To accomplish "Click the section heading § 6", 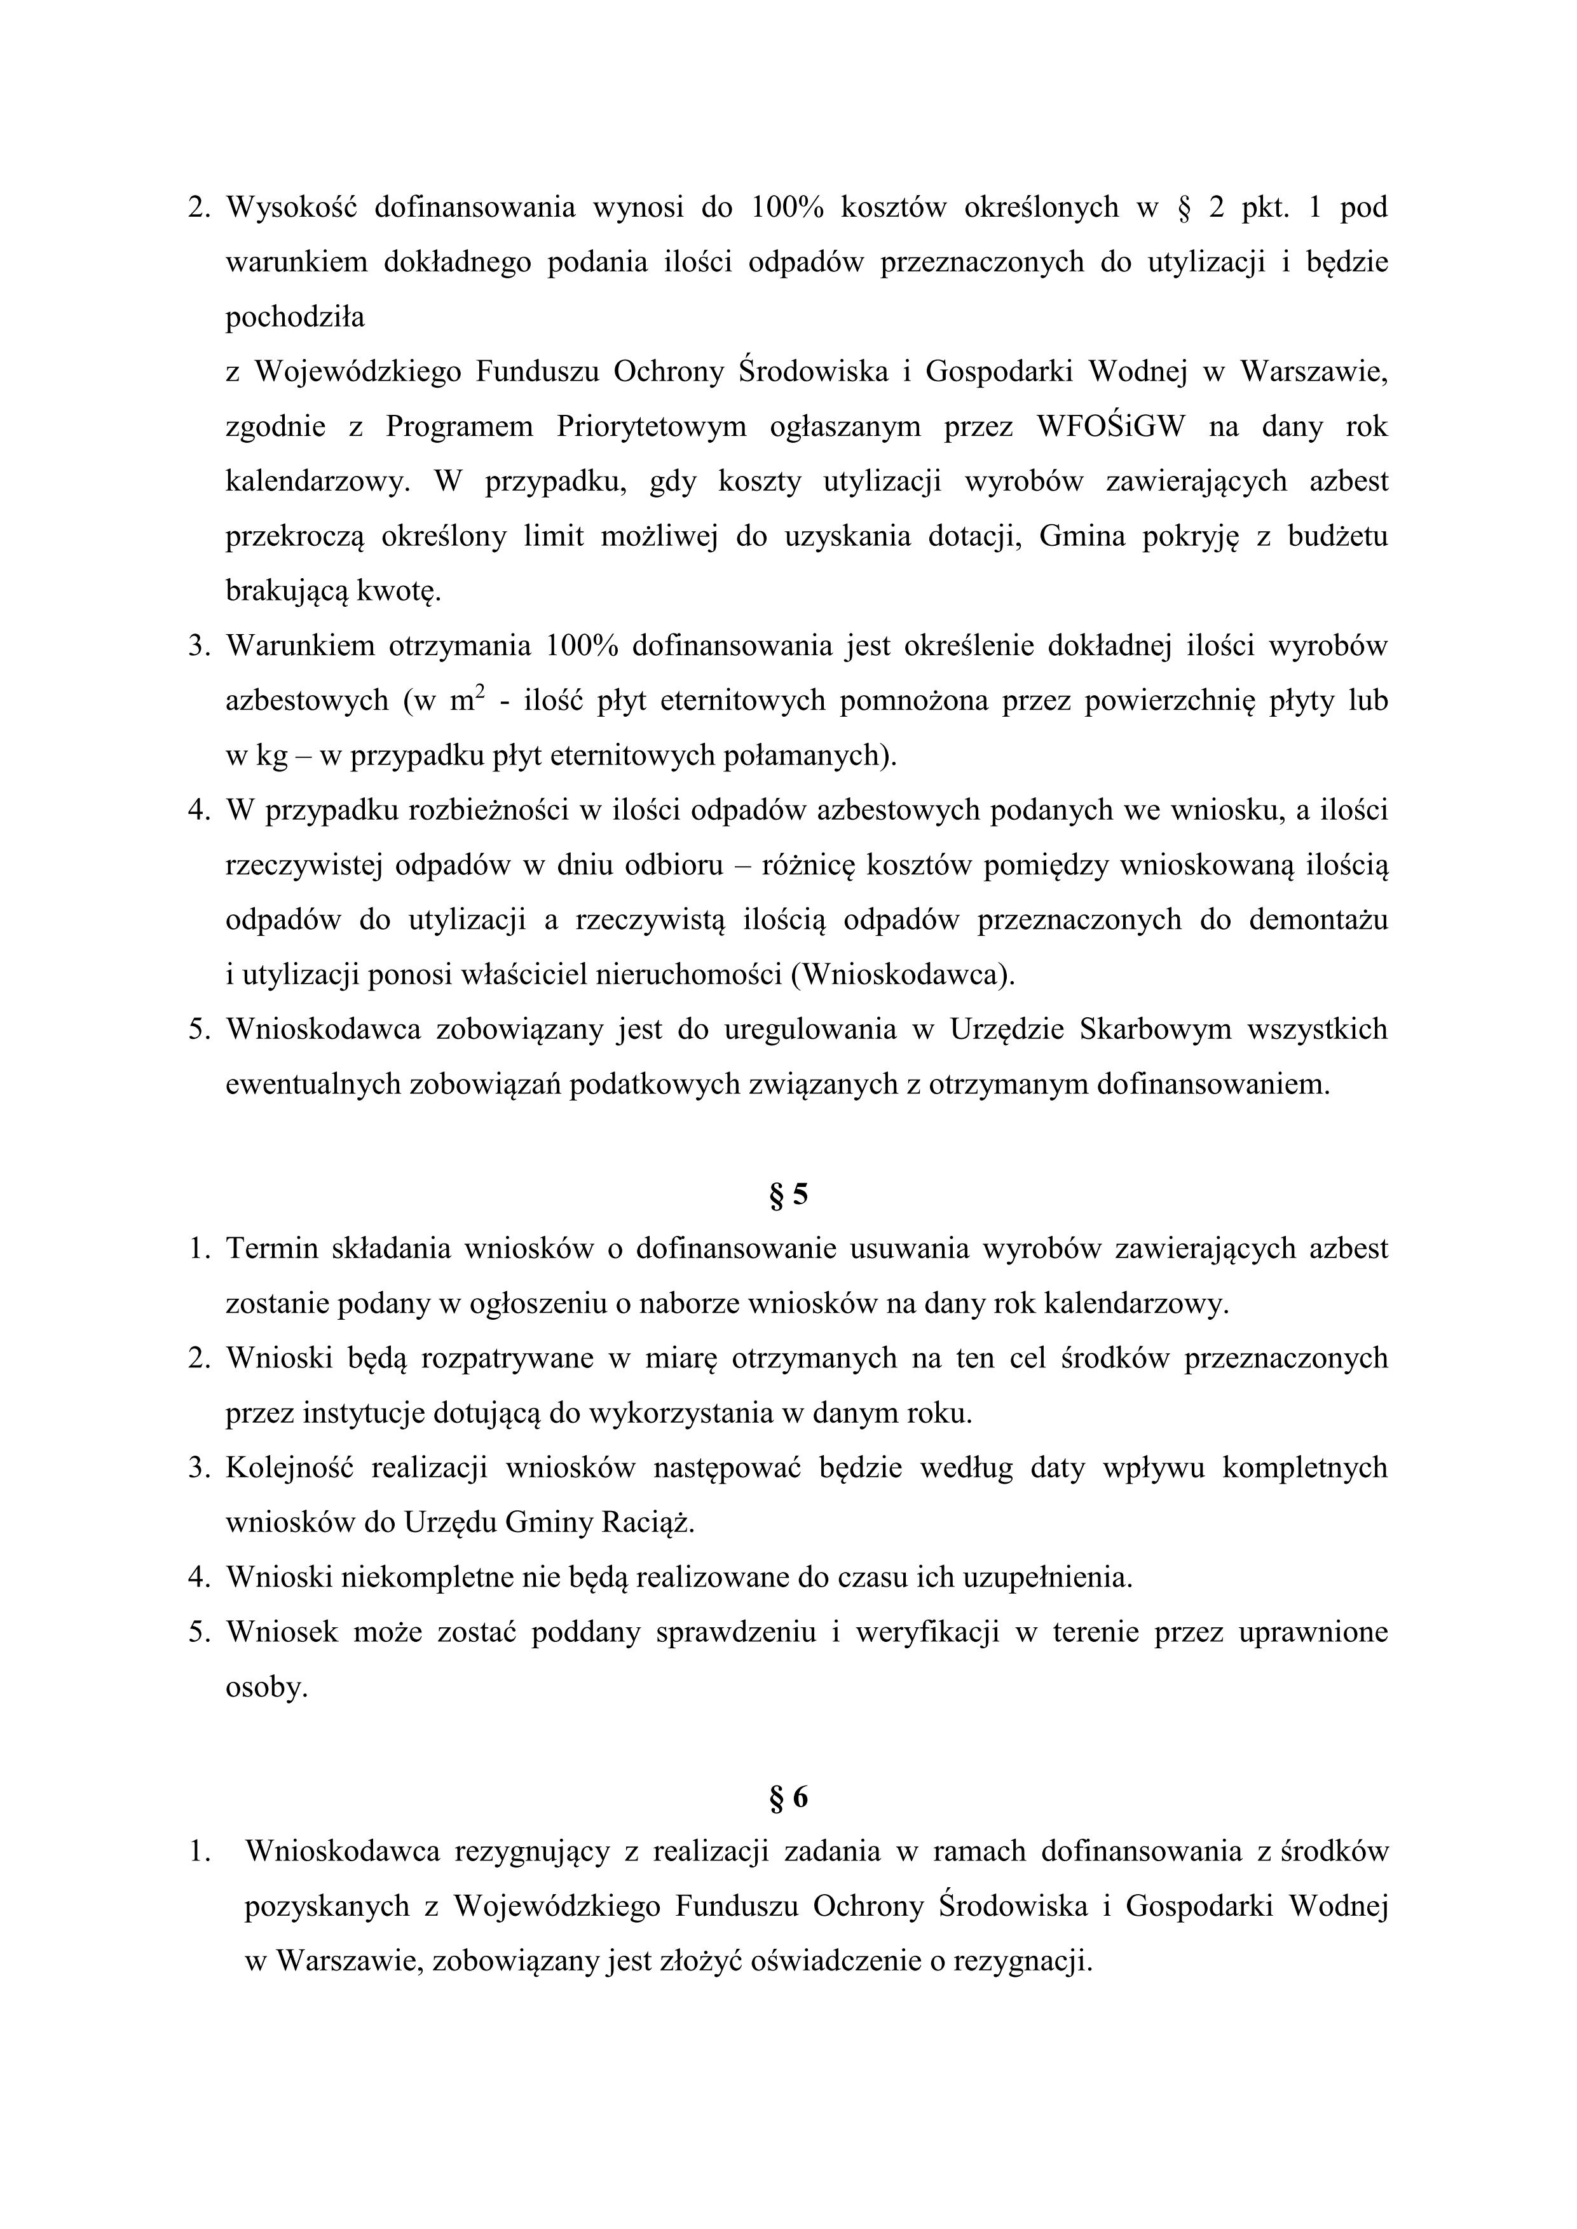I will (788, 1798).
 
